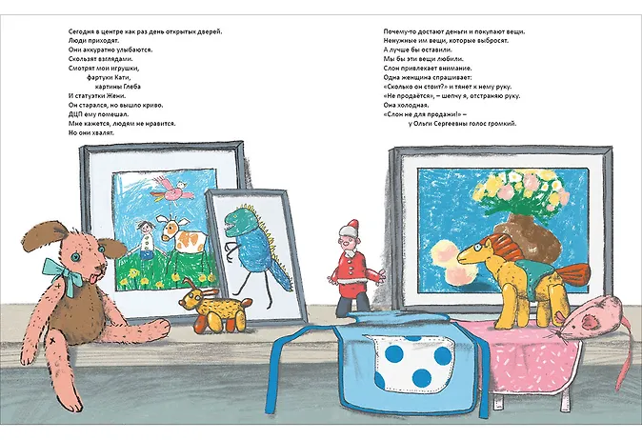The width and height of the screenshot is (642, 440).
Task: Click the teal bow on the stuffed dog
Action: [x=62, y=273]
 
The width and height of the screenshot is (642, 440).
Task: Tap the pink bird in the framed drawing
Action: [x=172, y=190]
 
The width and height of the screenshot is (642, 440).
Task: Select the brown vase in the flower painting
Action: [x=526, y=237]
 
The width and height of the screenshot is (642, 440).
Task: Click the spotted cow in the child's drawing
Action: [x=179, y=238]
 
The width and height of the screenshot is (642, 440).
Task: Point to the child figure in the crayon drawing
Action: [x=146, y=240]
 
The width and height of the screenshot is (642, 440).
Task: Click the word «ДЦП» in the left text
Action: [x=76, y=114]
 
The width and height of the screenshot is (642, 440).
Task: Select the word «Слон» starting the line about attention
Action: [x=391, y=69]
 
